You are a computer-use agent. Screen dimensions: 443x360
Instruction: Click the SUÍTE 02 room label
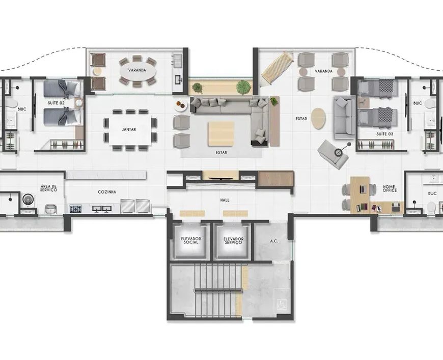(56, 103)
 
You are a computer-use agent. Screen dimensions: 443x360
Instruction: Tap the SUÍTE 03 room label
(384, 134)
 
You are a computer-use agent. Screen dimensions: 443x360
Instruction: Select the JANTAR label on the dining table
(129, 129)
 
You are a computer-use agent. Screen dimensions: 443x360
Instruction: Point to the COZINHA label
(107, 192)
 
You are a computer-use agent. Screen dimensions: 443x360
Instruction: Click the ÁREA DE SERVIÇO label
(48, 188)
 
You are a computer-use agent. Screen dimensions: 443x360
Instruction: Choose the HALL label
(225, 200)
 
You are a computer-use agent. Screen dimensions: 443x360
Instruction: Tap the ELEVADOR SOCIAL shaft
(191, 241)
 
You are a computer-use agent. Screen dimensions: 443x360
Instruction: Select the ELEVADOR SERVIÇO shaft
(233, 241)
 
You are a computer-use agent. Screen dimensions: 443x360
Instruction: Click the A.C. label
(274, 241)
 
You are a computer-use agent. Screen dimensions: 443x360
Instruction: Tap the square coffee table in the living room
(221, 133)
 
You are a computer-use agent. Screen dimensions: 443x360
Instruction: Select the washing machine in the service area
(27, 200)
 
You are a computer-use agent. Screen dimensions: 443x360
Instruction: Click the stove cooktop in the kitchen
(75, 209)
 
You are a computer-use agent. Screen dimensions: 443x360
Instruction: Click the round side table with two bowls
(181, 106)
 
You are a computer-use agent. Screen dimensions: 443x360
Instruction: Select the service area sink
(51, 209)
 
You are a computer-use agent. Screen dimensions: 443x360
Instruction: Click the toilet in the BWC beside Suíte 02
(11, 103)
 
